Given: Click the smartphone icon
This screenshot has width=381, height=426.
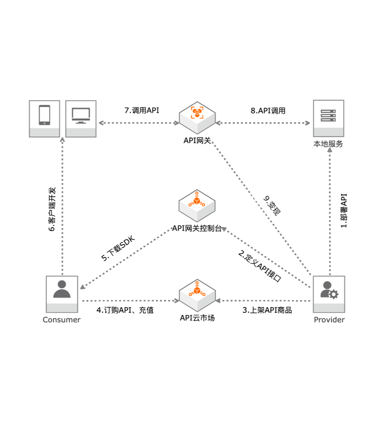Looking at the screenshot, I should [x=45, y=116].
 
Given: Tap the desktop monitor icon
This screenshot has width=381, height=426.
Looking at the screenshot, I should [x=81, y=116].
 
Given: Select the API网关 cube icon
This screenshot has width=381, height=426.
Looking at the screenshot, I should [x=197, y=114].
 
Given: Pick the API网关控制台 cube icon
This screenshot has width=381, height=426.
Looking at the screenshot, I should [x=197, y=204].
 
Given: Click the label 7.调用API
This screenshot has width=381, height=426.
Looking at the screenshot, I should [x=142, y=110].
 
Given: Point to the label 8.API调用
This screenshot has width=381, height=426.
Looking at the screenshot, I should [x=268, y=111].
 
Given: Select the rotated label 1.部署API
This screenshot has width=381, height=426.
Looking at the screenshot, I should [x=345, y=211].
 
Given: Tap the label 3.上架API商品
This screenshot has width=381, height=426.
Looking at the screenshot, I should [x=267, y=310].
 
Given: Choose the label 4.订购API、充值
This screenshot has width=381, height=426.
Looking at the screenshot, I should [x=125, y=310].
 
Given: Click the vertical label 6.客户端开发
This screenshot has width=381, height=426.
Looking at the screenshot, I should [x=53, y=209].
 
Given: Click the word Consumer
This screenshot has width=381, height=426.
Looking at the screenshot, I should [x=62, y=320].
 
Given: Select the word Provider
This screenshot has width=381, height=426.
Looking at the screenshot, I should [x=329, y=320].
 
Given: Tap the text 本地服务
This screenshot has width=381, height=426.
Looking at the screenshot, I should [x=328, y=144].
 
